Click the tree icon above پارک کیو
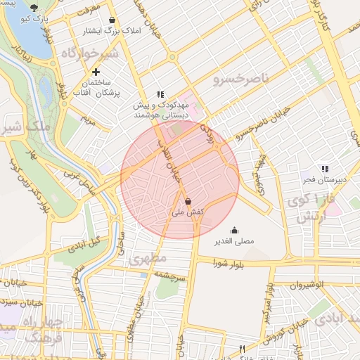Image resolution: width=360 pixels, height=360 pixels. [34, 8]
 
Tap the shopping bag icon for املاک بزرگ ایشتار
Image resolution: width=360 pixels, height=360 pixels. [112, 20]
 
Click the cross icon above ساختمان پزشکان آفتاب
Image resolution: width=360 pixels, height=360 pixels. [96, 72]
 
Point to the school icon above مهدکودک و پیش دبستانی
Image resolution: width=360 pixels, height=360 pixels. [160, 94]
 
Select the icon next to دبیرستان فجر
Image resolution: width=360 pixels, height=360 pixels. [324, 169]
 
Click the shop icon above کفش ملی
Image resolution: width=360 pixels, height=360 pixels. [186, 200]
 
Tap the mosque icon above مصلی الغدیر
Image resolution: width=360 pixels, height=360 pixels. [234, 230]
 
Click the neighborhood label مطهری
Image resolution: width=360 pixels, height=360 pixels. [146, 259]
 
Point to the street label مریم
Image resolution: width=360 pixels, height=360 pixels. [86, 120]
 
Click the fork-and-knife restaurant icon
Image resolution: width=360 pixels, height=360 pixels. [243, 349]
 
